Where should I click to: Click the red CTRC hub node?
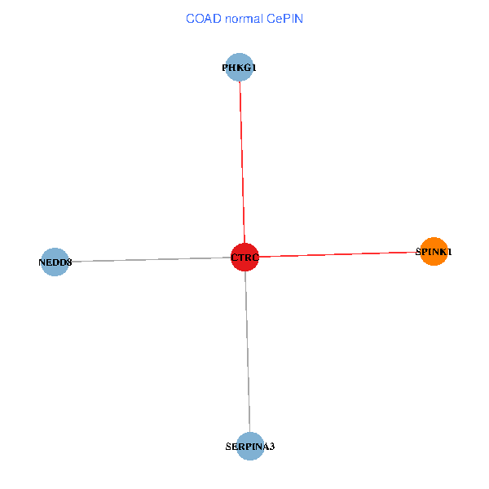(x=244, y=258)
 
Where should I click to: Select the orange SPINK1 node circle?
(x=434, y=252)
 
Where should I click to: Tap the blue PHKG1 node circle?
(x=240, y=68)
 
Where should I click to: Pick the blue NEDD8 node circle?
(x=55, y=262)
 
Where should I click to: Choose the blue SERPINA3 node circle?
(x=249, y=446)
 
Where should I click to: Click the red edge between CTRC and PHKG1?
(x=242, y=163)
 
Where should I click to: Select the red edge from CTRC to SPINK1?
(x=342, y=254)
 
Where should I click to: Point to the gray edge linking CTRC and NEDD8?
(x=147, y=260)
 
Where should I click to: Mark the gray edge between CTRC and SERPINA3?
(x=247, y=350)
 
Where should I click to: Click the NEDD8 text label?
(x=55, y=263)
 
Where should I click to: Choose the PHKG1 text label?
(x=240, y=68)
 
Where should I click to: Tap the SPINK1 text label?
(x=434, y=253)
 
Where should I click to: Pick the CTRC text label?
(x=244, y=258)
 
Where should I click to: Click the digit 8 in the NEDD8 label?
(x=69, y=263)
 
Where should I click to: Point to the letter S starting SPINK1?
(x=419, y=253)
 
